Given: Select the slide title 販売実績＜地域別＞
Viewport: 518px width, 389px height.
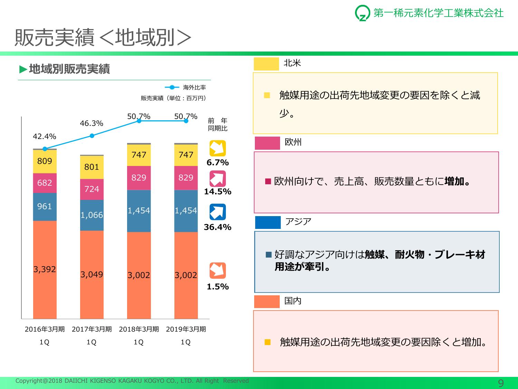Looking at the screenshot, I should (x=103, y=37).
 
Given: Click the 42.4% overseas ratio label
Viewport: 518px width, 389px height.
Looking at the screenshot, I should (x=44, y=137).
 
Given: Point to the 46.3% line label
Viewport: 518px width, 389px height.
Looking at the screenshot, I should (x=92, y=123).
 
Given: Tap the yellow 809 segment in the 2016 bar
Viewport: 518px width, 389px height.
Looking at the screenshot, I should (x=45, y=161).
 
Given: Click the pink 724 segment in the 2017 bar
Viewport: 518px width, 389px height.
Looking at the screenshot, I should (x=92, y=189).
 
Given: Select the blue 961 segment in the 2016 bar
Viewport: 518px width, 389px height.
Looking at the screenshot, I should (x=45, y=206).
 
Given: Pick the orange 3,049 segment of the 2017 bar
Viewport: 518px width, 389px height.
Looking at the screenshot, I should (x=92, y=275).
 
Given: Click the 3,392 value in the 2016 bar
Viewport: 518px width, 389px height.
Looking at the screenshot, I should (x=45, y=269).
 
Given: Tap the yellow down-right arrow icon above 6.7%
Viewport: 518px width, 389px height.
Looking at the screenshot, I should (x=218, y=148).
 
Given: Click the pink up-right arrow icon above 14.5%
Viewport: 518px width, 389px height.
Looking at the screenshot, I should (x=218, y=179).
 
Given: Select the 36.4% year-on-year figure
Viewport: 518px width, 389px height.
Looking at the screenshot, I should (x=218, y=227).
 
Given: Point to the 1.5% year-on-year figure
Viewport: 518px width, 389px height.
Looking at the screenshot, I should (x=218, y=287).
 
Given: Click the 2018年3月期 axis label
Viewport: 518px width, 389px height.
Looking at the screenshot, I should (x=139, y=329).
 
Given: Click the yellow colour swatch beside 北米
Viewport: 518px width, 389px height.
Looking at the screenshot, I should (x=266, y=64).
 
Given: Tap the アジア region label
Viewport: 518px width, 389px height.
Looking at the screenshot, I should (x=298, y=222).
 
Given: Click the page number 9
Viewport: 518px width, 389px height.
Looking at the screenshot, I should (x=501, y=383).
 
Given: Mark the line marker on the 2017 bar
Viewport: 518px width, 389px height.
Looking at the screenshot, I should (x=92, y=136).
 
